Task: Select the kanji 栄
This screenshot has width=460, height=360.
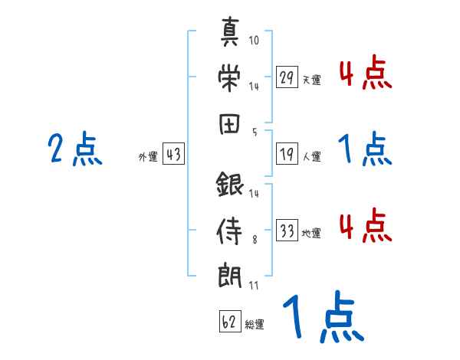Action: (x=231, y=77)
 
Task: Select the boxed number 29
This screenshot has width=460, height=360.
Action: (x=287, y=77)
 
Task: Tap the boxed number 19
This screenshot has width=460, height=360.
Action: (x=287, y=155)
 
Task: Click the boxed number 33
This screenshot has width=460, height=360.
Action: (x=287, y=231)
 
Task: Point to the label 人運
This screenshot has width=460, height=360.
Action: (x=312, y=157)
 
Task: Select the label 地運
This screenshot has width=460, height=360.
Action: (x=312, y=234)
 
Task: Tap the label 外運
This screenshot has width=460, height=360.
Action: (x=148, y=157)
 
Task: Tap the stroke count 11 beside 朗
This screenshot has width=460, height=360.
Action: (x=254, y=285)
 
